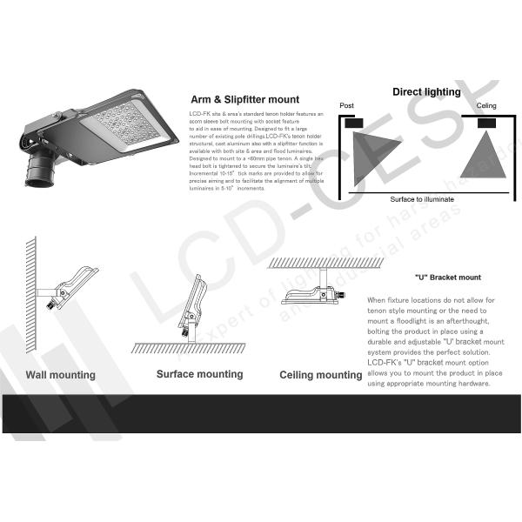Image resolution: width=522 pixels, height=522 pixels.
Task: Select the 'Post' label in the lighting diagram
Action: coord(347,106)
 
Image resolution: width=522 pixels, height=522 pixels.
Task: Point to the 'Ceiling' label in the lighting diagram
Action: coord(486,106)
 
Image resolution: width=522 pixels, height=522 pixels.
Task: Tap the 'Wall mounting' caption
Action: coord(60,375)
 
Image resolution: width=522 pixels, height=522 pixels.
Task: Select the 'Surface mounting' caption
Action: coord(199,374)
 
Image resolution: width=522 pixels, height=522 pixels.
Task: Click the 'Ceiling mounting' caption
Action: coord(320,375)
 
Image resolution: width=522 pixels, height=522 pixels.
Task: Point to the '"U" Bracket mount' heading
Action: coord(447,278)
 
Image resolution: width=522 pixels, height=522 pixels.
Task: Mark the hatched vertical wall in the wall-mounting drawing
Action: coord(30,287)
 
